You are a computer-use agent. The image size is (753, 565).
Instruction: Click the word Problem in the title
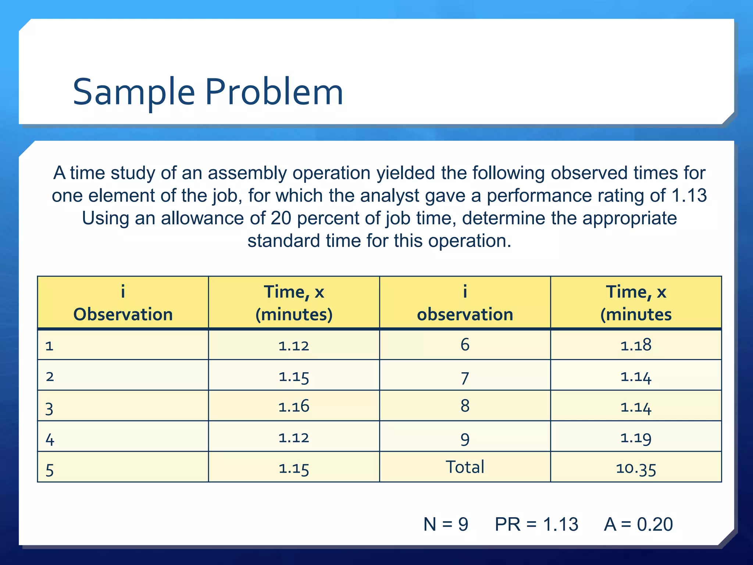click(274, 92)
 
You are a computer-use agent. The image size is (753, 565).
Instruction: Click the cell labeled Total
click(465, 467)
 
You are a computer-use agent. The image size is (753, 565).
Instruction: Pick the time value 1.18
click(636, 345)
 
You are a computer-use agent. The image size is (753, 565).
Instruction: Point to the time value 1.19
click(636, 438)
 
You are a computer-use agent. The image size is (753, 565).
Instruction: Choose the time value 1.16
click(294, 406)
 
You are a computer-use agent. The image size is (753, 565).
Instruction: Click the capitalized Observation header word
click(123, 315)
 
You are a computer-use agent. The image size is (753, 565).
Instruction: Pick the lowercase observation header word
click(465, 315)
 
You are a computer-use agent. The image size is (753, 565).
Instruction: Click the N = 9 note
click(446, 524)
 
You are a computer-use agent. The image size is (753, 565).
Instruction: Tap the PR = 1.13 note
click(536, 524)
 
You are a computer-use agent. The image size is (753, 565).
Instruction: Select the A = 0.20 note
click(638, 524)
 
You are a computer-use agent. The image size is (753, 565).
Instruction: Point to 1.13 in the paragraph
click(689, 195)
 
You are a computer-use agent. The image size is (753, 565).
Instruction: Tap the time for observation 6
click(636, 345)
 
